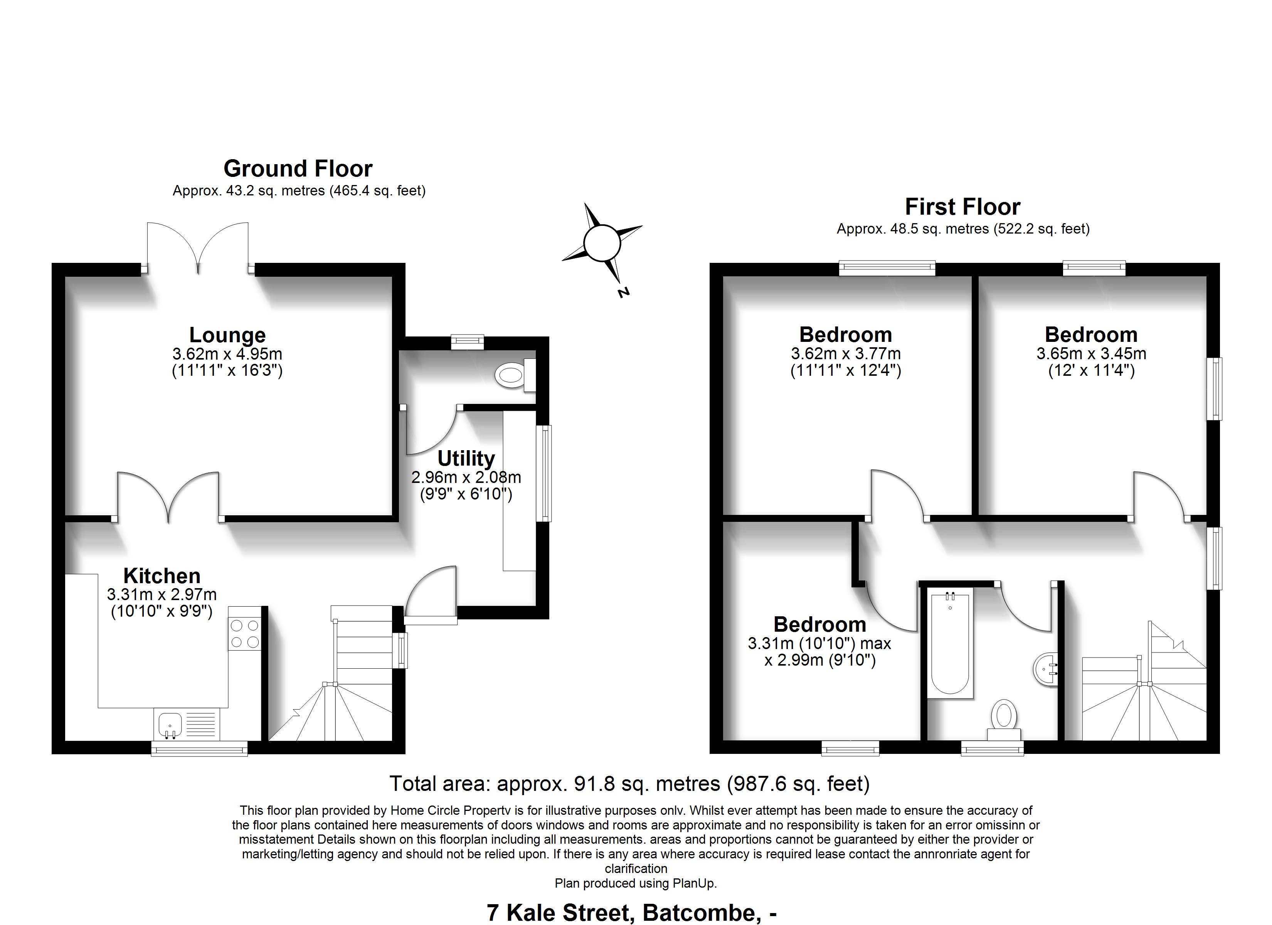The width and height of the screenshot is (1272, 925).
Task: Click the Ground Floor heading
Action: tap(298, 169)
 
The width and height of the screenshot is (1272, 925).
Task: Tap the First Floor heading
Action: tap(962, 207)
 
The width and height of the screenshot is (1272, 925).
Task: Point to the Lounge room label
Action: tap(227, 335)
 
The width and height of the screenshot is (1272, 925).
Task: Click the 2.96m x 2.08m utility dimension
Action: tap(466, 478)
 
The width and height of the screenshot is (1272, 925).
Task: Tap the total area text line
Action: tap(629, 784)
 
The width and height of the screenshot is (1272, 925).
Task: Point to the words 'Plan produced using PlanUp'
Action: tap(636, 883)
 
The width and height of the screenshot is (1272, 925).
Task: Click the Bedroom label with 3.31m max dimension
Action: tap(819, 625)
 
